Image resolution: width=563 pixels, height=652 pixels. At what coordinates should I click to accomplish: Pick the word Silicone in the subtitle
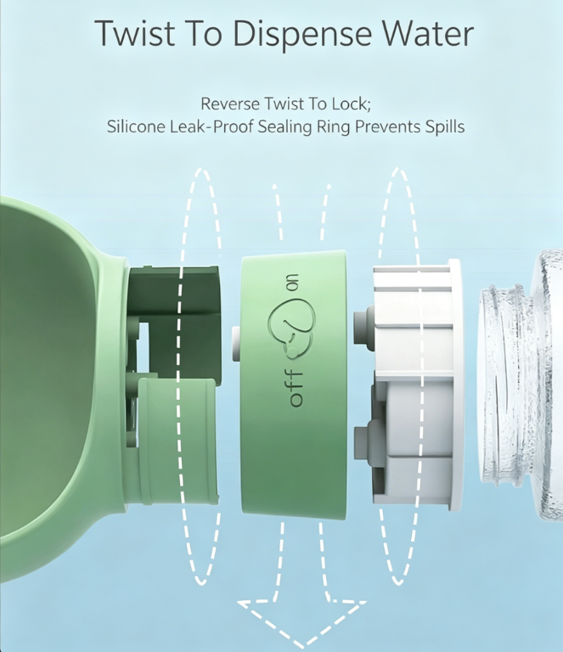(136, 126)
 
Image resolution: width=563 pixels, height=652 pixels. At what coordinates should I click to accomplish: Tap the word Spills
(444, 126)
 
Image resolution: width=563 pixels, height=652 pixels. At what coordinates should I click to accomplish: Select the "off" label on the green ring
(296, 388)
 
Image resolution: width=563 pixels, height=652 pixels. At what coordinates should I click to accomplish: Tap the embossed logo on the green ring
(291, 329)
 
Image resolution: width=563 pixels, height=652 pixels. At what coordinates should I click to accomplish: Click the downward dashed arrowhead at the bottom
(302, 622)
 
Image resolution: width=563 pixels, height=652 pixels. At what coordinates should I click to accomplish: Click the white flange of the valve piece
(455, 385)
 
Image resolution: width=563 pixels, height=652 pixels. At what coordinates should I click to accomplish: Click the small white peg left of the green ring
(236, 344)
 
